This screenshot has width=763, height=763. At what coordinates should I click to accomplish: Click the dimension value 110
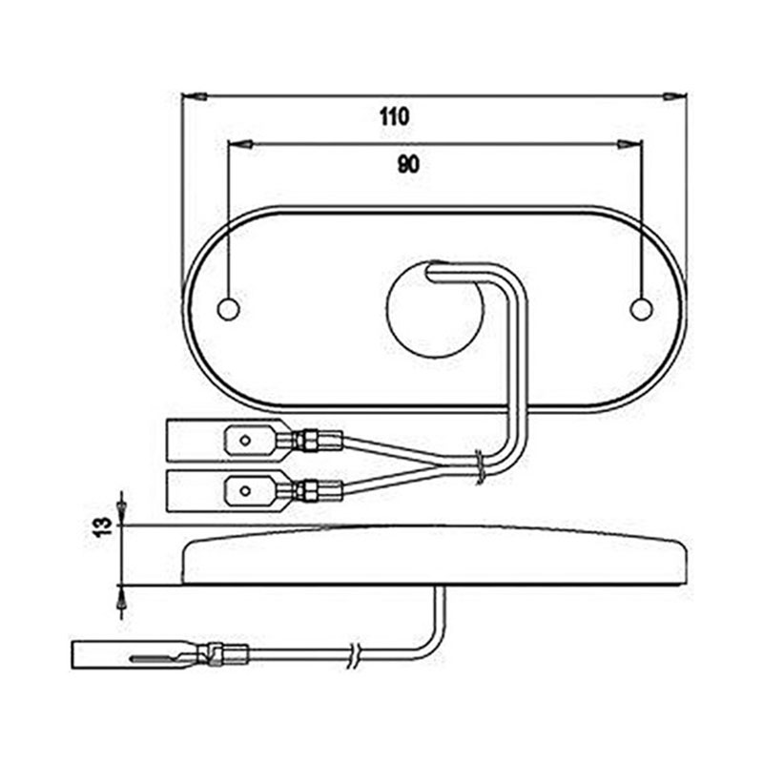tap(393, 117)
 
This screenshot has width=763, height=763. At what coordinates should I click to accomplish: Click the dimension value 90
tap(408, 164)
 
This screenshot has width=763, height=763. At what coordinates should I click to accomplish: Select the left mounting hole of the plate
tap(228, 308)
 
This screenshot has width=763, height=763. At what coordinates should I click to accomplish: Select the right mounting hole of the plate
tap(642, 308)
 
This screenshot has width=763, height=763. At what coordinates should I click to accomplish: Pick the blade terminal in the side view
tap(99, 655)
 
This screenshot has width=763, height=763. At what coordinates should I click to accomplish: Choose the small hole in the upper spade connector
tap(244, 441)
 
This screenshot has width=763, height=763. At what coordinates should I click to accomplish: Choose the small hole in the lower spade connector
tap(244, 492)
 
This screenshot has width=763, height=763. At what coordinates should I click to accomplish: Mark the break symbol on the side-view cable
tap(355, 654)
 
